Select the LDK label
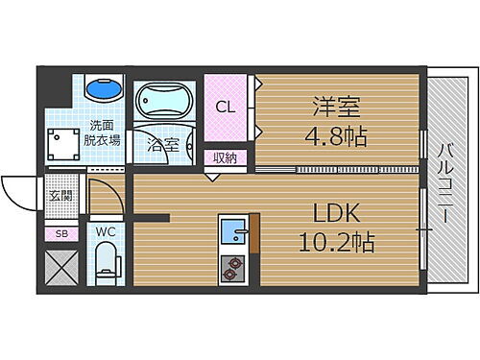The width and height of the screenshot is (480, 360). pos(335,211)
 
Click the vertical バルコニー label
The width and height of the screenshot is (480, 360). pos(447,182)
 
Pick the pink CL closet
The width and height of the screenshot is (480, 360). pos(226,107)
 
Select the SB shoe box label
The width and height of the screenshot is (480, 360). pos(60,232)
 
